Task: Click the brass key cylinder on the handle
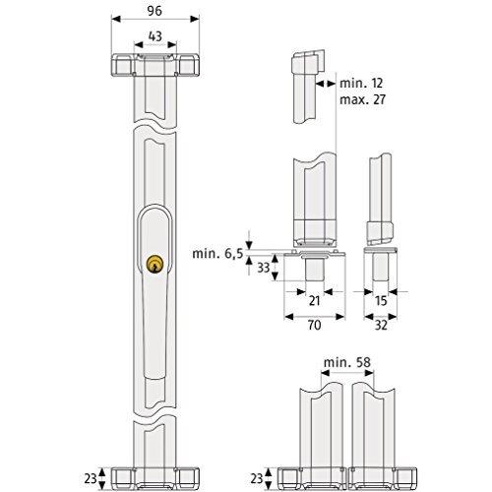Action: tap(154, 265)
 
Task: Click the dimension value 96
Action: tap(154, 11)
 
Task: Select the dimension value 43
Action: tap(155, 36)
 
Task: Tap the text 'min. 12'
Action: tap(361, 84)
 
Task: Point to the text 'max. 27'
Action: tap(362, 99)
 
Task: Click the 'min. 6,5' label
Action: tap(217, 253)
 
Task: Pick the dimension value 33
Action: tap(263, 268)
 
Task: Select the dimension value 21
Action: tap(314, 301)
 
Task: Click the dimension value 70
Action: tap(314, 325)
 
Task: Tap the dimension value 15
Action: tap(381, 301)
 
